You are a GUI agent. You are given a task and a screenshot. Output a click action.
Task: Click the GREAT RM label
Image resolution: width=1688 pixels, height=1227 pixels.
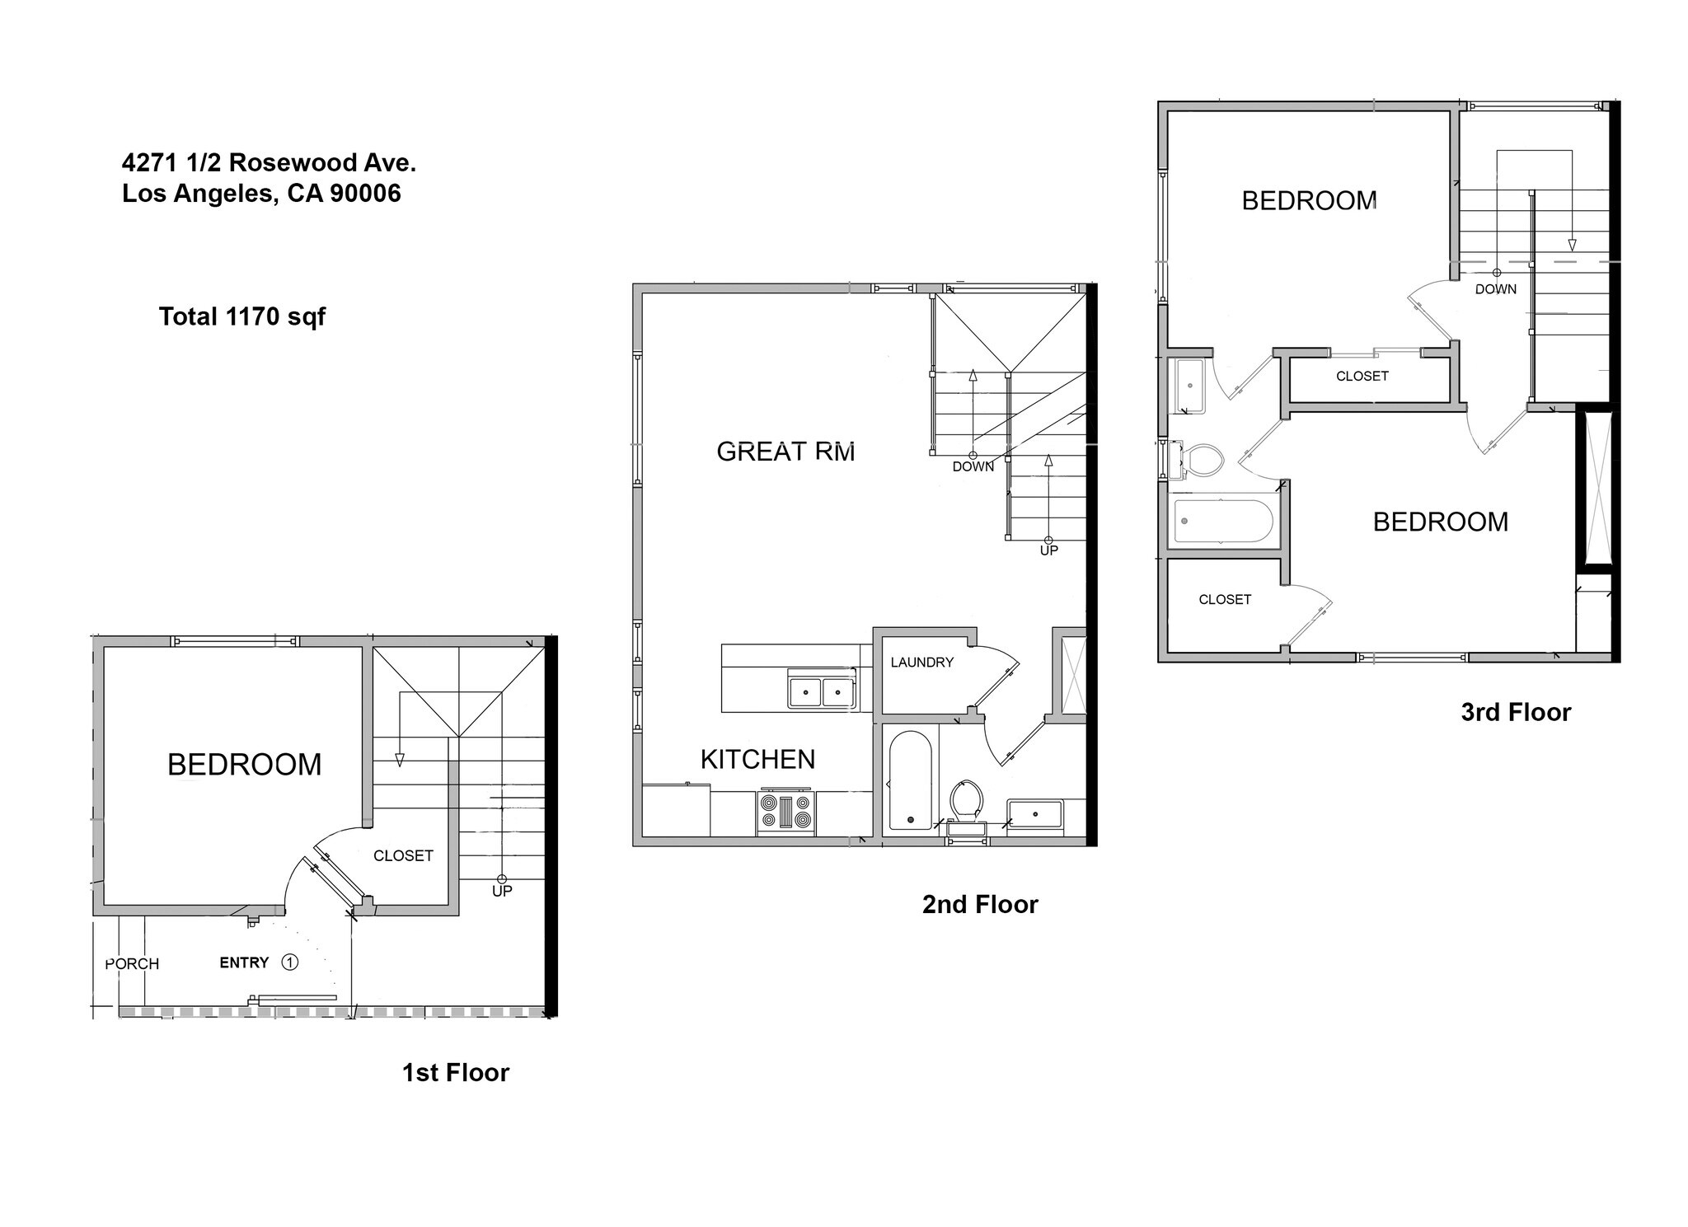pyautogui.click(x=785, y=451)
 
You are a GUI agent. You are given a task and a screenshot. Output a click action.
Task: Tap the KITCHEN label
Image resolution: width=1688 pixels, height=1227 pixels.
pyautogui.click(x=757, y=759)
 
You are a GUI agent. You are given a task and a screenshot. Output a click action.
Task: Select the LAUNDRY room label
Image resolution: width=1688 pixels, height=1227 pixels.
pyautogui.click(x=921, y=662)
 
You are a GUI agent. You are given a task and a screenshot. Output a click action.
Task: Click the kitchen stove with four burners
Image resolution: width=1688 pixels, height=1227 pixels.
pyautogui.click(x=785, y=811)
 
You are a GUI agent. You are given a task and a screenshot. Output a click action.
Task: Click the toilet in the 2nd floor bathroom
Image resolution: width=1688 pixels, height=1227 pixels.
pyautogui.click(x=966, y=801)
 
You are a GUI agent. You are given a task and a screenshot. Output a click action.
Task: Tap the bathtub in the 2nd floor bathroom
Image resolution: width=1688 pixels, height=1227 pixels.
pyautogui.click(x=910, y=780)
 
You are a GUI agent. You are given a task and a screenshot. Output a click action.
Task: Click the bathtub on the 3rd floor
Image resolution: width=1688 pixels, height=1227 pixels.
pyautogui.click(x=1223, y=521)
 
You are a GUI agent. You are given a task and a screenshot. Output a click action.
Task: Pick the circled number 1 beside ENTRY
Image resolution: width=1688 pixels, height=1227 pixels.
pyautogui.click(x=289, y=962)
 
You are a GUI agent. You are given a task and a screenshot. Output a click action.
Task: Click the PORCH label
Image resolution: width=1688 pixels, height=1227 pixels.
pyautogui.click(x=132, y=963)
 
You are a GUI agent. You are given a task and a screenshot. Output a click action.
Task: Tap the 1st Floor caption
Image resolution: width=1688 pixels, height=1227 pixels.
pyautogui.click(x=455, y=1072)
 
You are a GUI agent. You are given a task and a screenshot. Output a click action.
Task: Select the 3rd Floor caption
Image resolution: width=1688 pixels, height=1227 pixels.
pyautogui.click(x=1516, y=712)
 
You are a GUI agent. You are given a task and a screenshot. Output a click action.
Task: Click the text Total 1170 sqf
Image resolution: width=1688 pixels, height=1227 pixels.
pyautogui.click(x=242, y=316)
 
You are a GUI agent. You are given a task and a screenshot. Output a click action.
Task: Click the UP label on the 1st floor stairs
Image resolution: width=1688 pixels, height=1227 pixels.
pyautogui.click(x=502, y=891)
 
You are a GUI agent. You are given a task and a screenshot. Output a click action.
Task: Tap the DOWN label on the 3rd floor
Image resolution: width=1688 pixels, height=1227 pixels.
pyautogui.click(x=1496, y=289)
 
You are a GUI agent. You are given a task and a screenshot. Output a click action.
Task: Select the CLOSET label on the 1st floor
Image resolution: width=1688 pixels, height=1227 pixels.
pyautogui.click(x=403, y=855)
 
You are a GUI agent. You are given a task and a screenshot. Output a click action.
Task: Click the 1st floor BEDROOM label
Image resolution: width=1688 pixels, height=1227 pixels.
pyautogui.click(x=244, y=765)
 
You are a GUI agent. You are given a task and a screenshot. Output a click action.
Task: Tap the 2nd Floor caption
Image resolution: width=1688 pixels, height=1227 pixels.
pyautogui.click(x=980, y=904)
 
